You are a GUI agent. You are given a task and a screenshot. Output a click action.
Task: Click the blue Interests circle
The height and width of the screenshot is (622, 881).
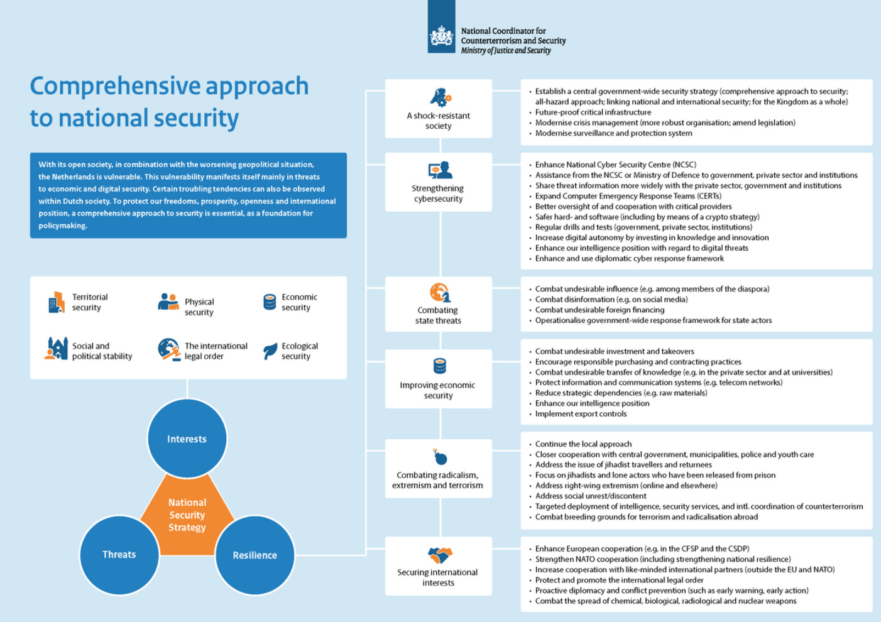(x=187, y=439)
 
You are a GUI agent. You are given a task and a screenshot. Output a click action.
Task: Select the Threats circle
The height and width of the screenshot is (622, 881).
(x=119, y=555)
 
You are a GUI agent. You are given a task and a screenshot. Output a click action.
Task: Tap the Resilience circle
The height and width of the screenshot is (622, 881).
(x=254, y=555)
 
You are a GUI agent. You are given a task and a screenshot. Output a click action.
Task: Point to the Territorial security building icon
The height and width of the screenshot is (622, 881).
(x=57, y=302)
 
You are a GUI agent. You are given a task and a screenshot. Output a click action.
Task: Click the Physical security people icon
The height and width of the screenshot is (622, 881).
(x=168, y=302)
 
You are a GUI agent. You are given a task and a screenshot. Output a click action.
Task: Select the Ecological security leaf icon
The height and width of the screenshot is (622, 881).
(x=270, y=351)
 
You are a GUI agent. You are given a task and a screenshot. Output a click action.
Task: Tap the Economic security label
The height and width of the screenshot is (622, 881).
(x=299, y=302)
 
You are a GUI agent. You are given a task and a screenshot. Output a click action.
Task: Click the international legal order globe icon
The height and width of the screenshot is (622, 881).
(x=168, y=350)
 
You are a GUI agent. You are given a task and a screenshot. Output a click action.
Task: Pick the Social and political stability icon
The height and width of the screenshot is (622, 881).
(x=57, y=349)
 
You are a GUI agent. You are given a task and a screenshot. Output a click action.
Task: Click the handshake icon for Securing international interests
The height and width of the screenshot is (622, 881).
(x=440, y=555)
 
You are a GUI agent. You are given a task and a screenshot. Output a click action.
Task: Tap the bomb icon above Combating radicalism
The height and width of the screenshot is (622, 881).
(x=440, y=457)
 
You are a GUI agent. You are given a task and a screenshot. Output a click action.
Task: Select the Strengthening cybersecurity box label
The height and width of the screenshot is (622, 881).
(x=438, y=194)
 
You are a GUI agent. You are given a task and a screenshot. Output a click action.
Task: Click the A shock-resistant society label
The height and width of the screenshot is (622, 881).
(x=438, y=121)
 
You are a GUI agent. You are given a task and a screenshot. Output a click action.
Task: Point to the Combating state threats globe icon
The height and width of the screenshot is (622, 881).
(x=440, y=293)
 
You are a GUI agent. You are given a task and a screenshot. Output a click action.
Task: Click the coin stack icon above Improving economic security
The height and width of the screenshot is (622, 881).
(x=440, y=366)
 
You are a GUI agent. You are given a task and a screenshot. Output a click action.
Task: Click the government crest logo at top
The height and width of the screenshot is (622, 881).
(x=441, y=36)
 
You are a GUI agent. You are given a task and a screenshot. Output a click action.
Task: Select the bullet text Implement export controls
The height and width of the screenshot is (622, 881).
(x=581, y=414)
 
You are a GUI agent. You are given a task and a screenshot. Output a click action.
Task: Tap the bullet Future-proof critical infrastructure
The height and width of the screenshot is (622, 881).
(x=593, y=112)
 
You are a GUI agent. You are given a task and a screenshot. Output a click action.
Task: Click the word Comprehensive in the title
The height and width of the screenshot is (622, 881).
(x=114, y=86)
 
